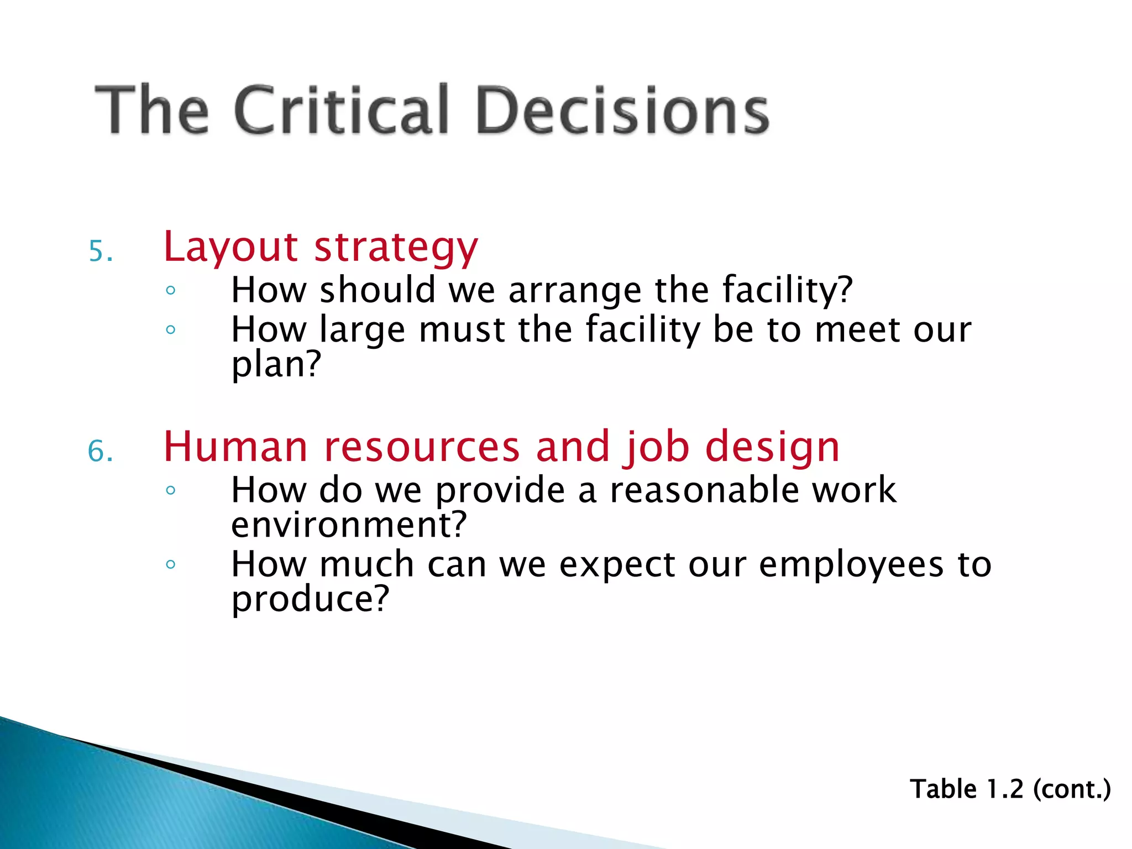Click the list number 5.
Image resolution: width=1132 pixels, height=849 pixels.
(x=100, y=251)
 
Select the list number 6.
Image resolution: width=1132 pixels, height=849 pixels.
(x=100, y=452)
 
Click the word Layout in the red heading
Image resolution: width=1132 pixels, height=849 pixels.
(x=230, y=247)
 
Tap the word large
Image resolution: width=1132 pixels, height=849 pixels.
(x=362, y=329)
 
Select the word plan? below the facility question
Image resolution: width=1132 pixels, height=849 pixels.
(x=276, y=365)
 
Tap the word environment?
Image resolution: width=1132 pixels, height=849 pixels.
(x=349, y=525)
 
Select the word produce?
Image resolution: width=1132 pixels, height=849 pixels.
(x=310, y=599)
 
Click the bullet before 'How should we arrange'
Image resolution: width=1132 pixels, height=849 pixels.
(x=170, y=290)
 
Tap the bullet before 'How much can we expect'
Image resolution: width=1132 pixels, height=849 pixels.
(x=170, y=564)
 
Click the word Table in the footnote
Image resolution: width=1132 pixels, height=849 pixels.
(x=944, y=789)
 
